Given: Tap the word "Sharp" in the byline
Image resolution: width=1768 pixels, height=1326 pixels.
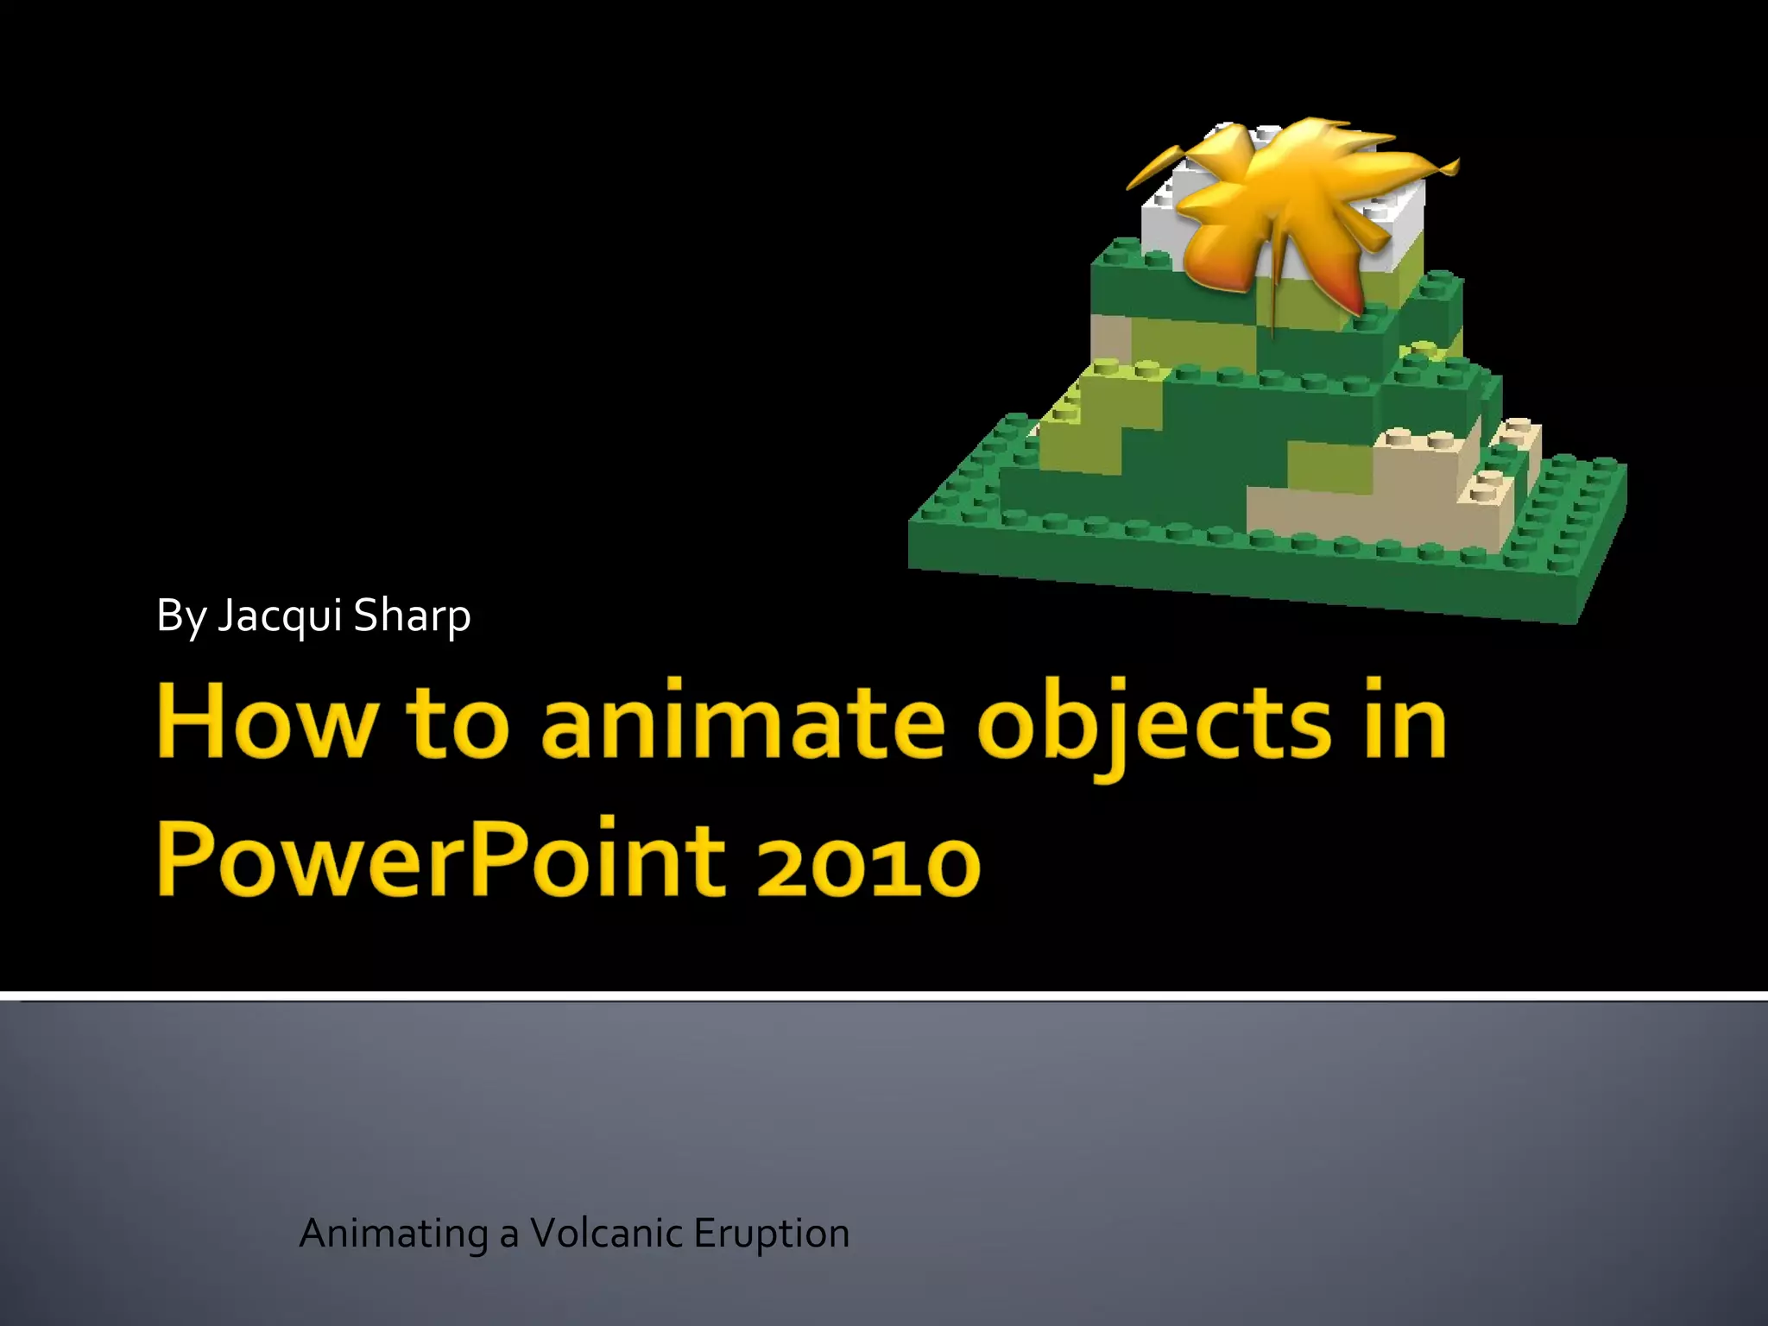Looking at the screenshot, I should pos(412,616).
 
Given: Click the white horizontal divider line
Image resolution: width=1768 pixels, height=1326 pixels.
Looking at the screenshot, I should pos(884,995).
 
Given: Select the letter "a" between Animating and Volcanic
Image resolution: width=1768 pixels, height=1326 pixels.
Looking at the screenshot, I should pos(508,1234).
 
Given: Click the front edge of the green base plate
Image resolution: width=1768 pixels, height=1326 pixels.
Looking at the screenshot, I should pos(1243,587).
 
